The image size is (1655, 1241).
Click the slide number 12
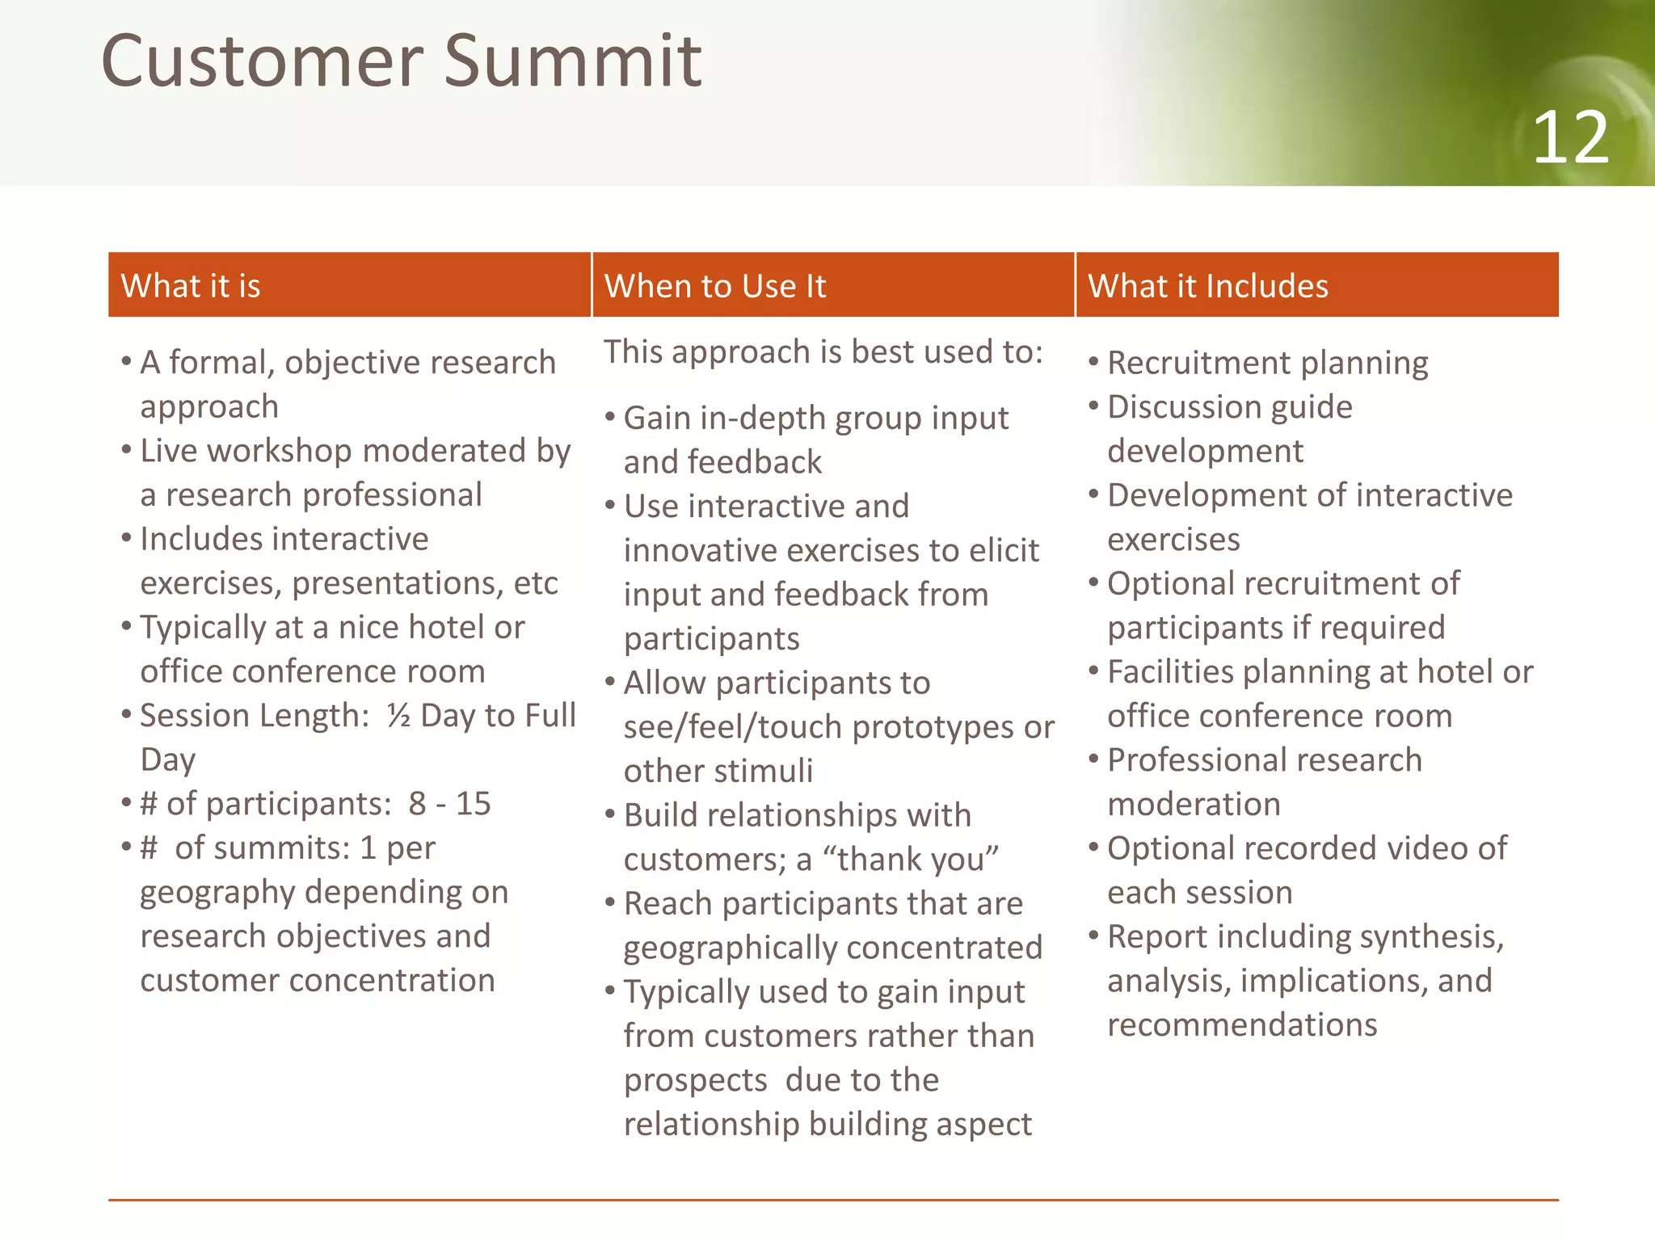(1569, 138)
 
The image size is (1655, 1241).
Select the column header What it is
(191, 286)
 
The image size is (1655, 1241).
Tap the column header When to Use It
(715, 286)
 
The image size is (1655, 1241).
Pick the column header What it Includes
(1207, 286)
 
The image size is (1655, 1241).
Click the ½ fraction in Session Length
(398, 715)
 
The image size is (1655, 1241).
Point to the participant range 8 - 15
(449, 803)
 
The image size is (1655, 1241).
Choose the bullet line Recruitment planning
(1267, 363)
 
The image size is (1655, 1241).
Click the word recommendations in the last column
(1242, 1024)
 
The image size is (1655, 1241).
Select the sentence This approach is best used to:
(823, 352)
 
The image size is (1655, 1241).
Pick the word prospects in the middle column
(695, 1080)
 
